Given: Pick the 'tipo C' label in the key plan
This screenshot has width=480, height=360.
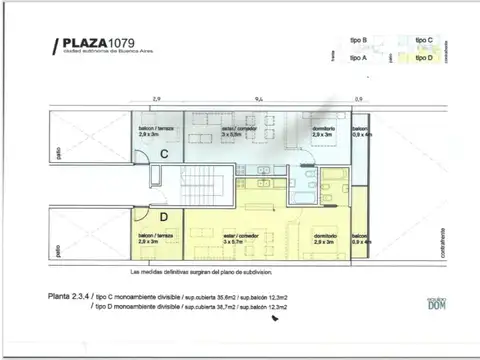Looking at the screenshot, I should [423, 40].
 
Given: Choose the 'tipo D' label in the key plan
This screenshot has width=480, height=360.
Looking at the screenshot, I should [423, 58].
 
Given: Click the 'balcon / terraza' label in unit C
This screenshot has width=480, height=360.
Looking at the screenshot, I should [156, 130].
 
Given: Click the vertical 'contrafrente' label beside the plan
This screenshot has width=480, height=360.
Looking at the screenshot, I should [442, 245].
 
